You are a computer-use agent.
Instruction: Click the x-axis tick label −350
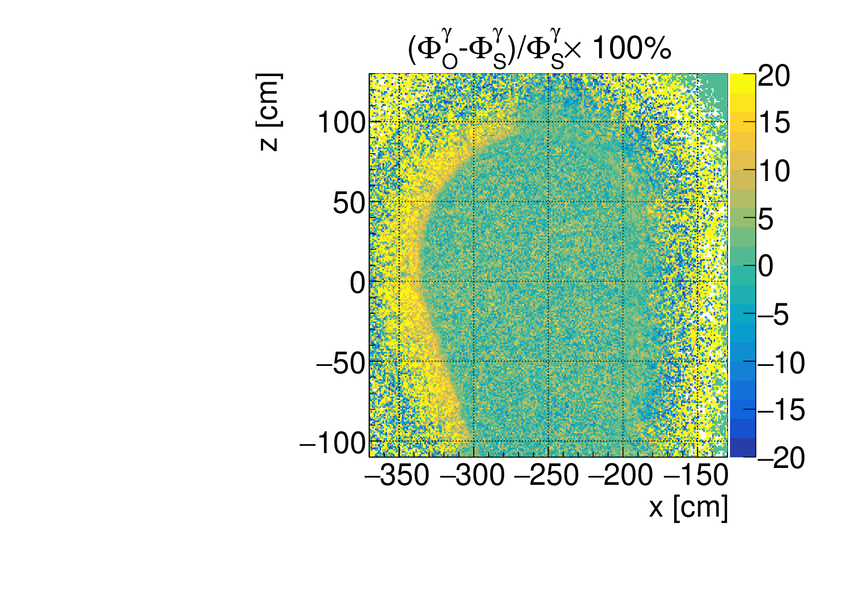[x=397, y=476]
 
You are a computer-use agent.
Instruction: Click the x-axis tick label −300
[x=472, y=476]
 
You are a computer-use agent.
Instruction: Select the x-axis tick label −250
[x=547, y=476]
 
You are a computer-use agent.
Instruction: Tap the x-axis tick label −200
[x=621, y=476]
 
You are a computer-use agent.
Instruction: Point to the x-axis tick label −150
[x=696, y=476]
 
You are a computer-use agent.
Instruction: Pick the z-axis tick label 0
[x=358, y=283]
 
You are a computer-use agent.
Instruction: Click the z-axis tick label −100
[x=333, y=443]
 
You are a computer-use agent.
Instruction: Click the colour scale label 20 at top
[x=774, y=76]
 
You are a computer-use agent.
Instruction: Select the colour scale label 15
[x=774, y=123]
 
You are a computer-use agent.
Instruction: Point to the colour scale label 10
[x=774, y=171]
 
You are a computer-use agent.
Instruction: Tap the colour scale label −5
[x=773, y=315]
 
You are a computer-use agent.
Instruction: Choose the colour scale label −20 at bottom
[x=780, y=457]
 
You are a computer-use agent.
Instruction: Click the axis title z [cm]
[x=269, y=112]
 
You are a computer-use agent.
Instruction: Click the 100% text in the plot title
[x=631, y=49]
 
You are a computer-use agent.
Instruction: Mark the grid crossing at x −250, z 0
[x=549, y=281]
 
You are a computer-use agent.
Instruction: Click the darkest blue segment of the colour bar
[x=742, y=447]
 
